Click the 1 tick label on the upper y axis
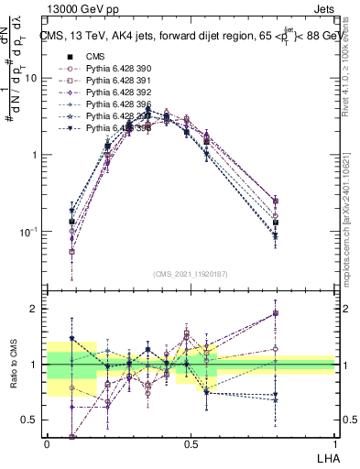(x=36, y=155)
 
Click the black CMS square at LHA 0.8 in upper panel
(x=276, y=223)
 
